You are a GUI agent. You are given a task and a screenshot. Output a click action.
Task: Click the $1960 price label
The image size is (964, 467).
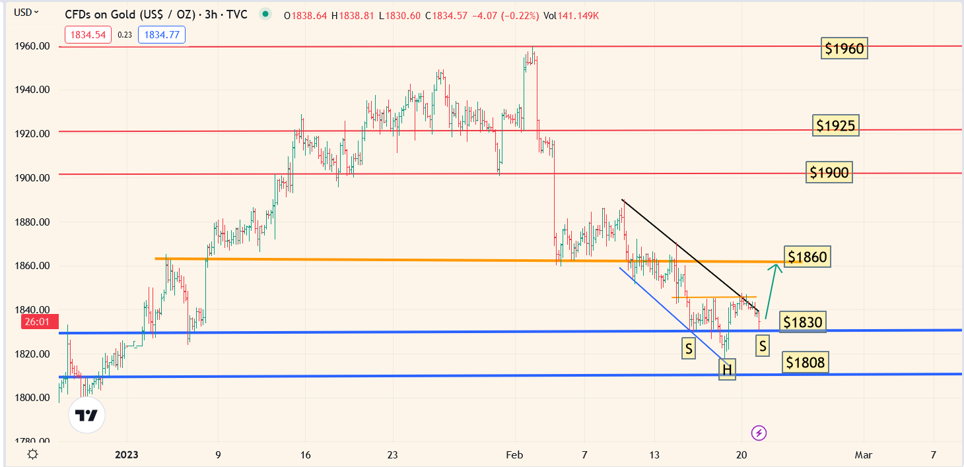point(844,48)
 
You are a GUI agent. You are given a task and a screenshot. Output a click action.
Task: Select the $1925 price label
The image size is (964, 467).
point(836,125)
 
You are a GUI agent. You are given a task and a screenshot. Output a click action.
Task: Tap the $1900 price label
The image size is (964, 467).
point(829,173)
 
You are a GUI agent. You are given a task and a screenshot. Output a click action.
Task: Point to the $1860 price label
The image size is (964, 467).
point(806,257)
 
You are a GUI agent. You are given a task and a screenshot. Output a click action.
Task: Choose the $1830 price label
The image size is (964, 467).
point(802,322)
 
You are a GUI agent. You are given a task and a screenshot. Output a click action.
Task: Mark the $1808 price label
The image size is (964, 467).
point(805,361)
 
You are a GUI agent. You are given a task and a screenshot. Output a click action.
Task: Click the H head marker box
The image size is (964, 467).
point(727,370)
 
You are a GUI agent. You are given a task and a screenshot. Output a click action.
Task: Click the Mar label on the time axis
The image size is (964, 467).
point(863,454)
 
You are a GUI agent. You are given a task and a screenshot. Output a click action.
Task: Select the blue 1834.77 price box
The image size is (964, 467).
point(161,35)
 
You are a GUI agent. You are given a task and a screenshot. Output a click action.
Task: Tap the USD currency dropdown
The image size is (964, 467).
point(26,12)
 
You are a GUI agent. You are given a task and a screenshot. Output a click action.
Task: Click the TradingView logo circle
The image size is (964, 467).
point(86,416)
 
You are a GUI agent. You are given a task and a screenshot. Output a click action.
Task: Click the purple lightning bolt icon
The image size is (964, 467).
point(759,433)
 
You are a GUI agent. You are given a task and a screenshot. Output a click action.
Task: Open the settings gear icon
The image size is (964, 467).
point(32,454)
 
